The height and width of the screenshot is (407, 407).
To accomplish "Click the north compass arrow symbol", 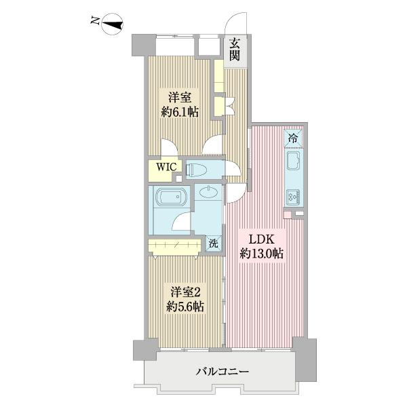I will coord(110,24).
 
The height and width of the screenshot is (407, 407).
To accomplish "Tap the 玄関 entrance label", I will coord(235,49).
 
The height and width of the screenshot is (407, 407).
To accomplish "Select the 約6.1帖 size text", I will coord(180,112).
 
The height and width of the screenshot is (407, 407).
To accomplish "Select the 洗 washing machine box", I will coord(214,243).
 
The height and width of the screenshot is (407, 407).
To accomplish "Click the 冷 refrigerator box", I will coord(293,136).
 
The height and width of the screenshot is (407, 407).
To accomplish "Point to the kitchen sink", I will coord(294,163).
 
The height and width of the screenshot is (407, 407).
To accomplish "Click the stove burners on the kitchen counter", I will coord(294,197).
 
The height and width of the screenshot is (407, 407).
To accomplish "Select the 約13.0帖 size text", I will coord(261,254).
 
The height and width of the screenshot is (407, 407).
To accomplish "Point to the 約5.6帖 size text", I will coord(185,307).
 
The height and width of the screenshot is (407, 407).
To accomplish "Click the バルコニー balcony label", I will coord(223,372).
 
